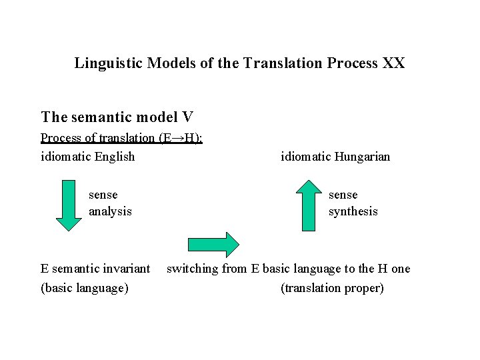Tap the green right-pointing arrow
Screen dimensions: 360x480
tap(213, 245)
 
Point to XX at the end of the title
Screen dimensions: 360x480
tap(393, 63)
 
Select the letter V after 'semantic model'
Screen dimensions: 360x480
tap(187, 117)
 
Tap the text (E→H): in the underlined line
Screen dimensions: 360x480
tap(181, 138)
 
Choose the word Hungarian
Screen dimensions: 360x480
tap(362, 157)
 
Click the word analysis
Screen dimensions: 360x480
tap(110, 211)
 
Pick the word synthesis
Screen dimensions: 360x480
tap(353, 211)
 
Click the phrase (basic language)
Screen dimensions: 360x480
tap(85, 288)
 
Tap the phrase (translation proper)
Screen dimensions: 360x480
tap(333, 288)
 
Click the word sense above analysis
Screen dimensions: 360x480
tap(103, 195)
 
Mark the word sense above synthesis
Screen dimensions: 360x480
tap(343, 195)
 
